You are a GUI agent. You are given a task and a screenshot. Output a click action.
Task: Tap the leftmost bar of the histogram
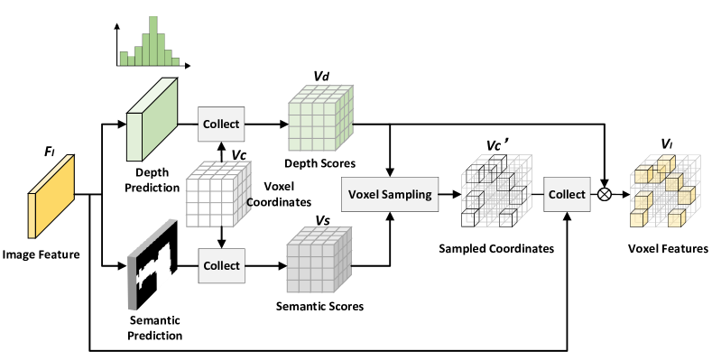pyautogui.click(x=125, y=61)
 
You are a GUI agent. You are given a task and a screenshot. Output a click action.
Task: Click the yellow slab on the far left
pyautogui.click(x=51, y=196)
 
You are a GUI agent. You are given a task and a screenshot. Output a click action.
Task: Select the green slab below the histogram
pyautogui.click(x=153, y=119)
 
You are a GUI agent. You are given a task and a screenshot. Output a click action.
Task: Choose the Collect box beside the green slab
pyautogui.click(x=221, y=124)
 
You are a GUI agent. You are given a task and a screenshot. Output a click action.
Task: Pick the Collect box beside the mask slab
pyautogui.click(x=221, y=265)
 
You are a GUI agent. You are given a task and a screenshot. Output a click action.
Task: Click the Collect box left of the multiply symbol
pyautogui.click(x=567, y=194)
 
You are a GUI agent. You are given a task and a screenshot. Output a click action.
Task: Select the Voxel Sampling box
pyautogui.click(x=390, y=194)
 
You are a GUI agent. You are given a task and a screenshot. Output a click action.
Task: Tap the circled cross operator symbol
pyautogui.click(x=605, y=194)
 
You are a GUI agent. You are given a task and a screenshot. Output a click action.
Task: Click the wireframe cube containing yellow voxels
pyautogui.click(x=665, y=191)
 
